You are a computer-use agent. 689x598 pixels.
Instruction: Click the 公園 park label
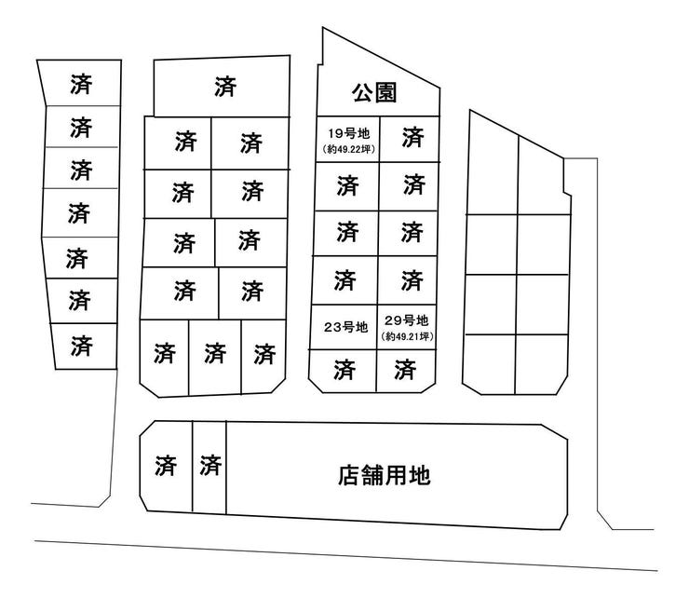pos(374,93)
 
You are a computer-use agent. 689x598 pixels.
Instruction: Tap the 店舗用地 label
pos(384,475)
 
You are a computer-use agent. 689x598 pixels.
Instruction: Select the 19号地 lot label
pos(349,133)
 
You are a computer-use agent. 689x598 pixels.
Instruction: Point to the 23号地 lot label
pos(345,327)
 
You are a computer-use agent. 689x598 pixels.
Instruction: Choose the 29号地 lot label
pos(406,320)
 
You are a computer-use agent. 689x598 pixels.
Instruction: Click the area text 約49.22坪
pos(349,149)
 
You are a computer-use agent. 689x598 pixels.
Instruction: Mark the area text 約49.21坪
pos(408,336)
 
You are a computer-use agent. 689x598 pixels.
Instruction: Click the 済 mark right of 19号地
pos(413,137)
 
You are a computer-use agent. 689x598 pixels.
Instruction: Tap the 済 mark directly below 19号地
pos(347,185)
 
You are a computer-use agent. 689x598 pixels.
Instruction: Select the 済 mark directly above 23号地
pos(344,280)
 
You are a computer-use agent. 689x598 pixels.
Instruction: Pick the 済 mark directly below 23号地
pos(344,370)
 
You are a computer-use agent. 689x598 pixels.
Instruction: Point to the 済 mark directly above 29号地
pos(412,280)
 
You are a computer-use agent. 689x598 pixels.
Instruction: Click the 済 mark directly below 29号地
pos(405,370)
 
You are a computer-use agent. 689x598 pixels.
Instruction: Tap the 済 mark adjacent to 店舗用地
pos(210,466)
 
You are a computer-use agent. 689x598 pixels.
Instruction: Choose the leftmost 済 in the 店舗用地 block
pos(165,466)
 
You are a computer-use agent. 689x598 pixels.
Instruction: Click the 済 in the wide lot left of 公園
pos(225,87)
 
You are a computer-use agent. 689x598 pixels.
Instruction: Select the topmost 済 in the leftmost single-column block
pos(81,84)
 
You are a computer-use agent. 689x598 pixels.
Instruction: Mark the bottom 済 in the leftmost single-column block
pos(81,346)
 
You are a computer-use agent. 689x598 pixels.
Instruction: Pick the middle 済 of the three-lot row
pos(215,354)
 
